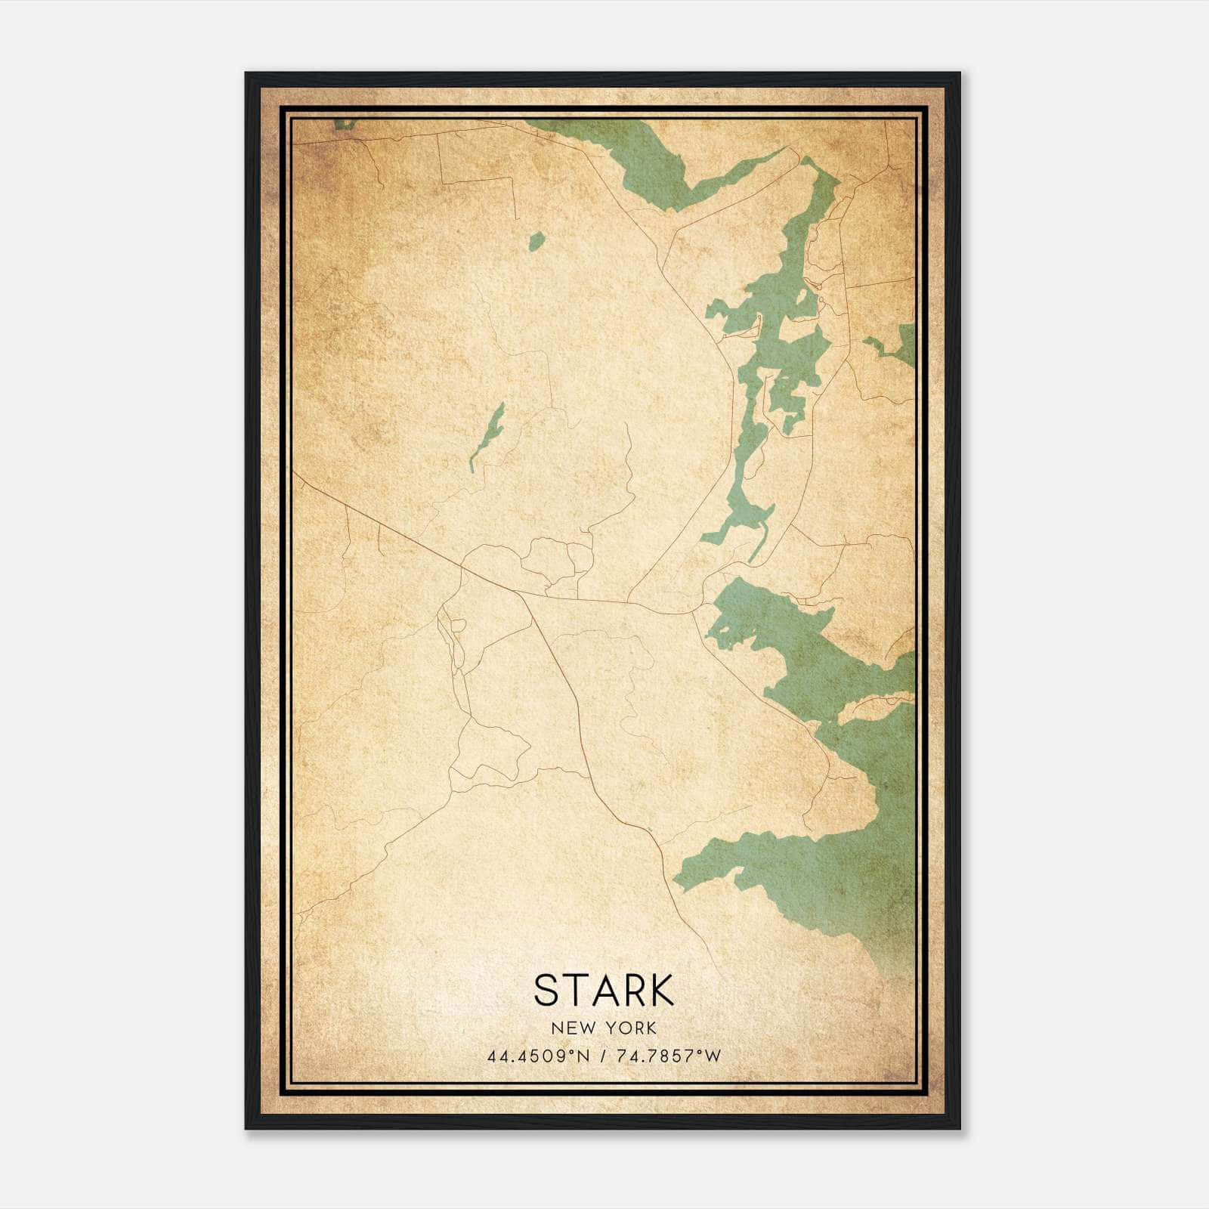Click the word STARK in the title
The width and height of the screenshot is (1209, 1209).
click(604, 990)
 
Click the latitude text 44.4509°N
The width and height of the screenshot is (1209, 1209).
click(538, 1056)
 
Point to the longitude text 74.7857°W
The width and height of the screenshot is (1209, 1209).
click(669, 1056)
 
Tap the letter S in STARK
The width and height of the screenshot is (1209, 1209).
click(546, 990)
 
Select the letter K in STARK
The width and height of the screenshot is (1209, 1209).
click(660, 990)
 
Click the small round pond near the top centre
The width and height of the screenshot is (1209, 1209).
click(536, 242)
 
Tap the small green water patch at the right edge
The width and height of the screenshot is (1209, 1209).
click(899, 346)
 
